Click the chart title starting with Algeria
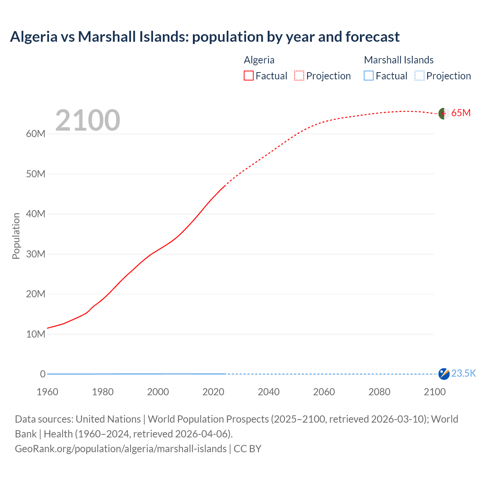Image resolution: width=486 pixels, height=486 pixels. coord(205,37)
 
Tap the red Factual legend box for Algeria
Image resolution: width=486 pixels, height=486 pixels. coord(248,76)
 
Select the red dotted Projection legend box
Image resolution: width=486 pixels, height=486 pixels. coord(299,76)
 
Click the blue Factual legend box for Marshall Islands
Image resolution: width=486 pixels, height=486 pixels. coord(368,76)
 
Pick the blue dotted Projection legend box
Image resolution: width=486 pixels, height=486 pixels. coord(419,76)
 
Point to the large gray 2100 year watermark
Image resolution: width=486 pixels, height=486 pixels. coord(88,120)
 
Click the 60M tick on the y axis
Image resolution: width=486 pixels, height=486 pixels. coord(36,134)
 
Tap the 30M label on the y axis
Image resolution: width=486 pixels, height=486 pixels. coord(36,254)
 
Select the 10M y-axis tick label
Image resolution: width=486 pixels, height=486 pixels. coord(36,334)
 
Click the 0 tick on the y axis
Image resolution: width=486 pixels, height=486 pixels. coord(43,374)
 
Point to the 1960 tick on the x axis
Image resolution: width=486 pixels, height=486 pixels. coord(47,392)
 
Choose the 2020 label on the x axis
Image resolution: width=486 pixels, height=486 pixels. coord(213,392)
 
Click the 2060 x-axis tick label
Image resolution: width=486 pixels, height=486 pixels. coord(324,392)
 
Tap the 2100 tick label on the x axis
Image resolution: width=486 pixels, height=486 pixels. coord(434,392)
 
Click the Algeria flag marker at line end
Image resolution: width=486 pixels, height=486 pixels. coord(443,114)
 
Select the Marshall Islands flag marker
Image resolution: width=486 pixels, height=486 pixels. coord(443,374)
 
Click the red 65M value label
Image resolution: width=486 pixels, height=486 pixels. coord(461,113)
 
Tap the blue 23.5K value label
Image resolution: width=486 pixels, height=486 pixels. coord(464,374)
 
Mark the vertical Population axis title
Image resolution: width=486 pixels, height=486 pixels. coord(16,236)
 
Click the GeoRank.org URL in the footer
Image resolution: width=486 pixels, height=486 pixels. coord(121,449)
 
